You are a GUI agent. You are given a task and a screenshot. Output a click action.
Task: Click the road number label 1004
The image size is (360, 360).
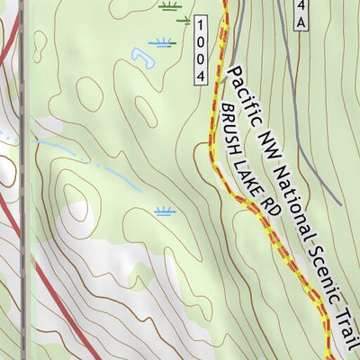(200, 50)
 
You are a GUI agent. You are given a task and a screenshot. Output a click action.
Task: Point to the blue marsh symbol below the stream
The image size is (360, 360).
(164, 211)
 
